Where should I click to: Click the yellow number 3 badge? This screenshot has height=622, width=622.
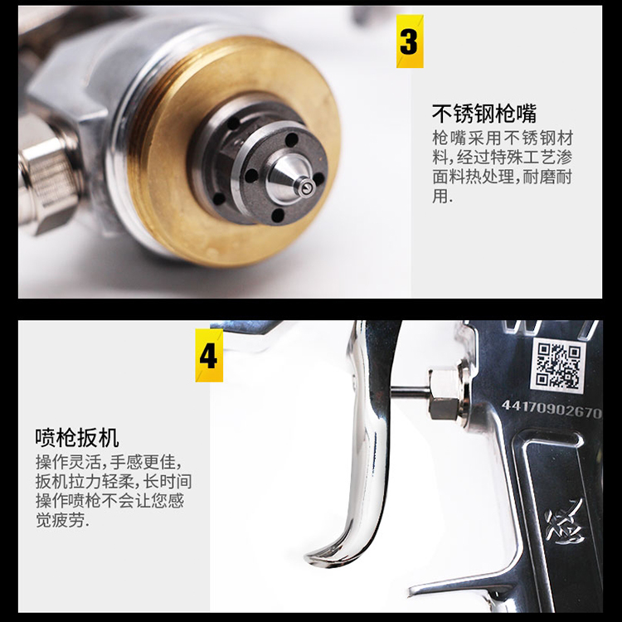410,41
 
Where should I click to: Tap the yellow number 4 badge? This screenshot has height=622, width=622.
209,356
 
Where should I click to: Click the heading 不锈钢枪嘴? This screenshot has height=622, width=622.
484,114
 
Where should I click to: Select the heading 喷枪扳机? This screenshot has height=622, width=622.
76,438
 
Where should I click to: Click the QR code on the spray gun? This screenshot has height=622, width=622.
557,366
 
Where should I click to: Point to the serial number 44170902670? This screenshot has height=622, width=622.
552,409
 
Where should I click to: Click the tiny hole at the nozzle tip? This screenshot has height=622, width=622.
305,190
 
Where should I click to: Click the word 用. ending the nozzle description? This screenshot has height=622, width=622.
442,195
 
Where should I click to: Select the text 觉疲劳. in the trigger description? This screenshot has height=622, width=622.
62,520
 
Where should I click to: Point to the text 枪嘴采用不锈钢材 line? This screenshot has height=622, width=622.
503,138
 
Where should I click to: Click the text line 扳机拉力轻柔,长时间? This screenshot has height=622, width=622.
114,482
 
